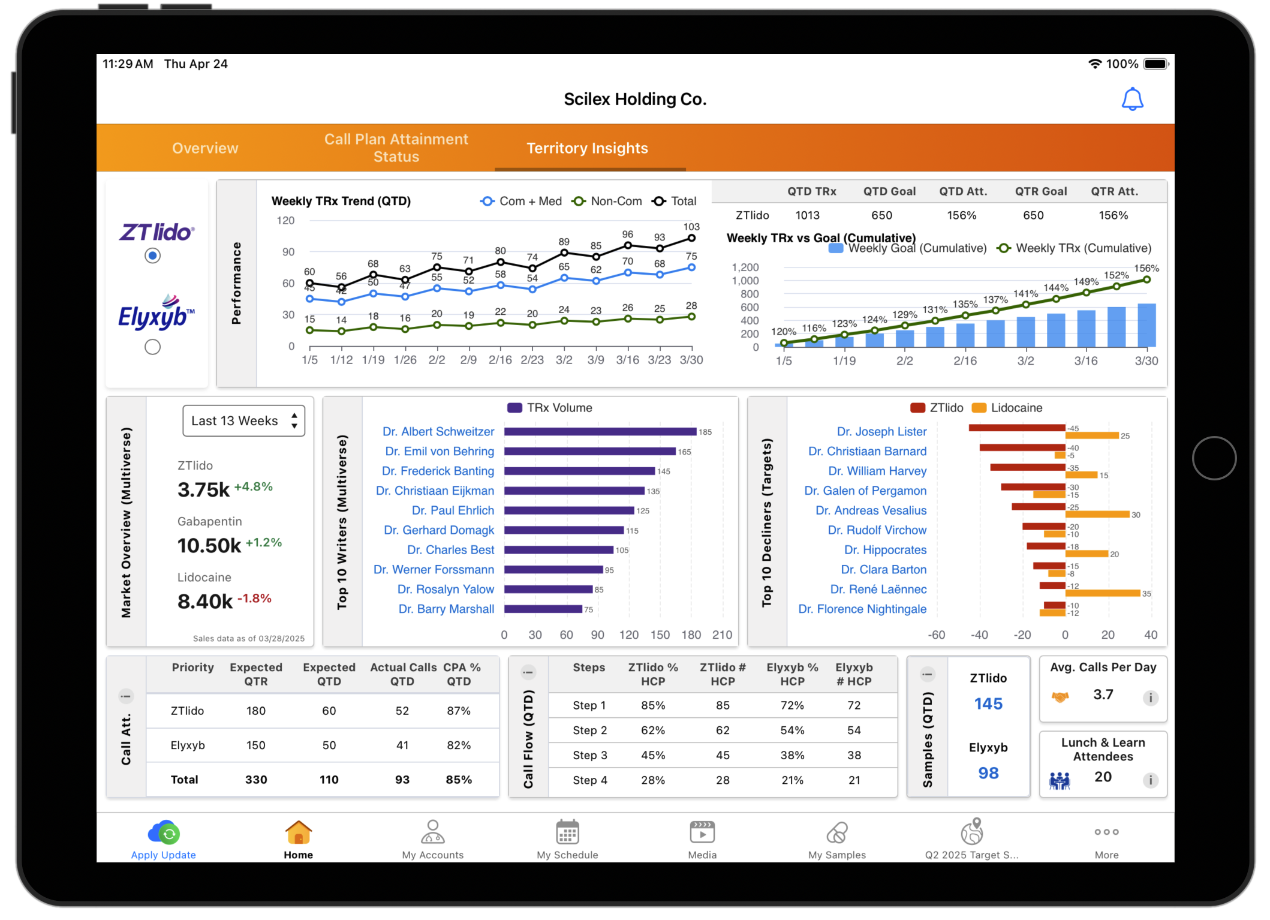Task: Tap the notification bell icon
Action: point(1132,100)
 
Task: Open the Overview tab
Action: point(205,148)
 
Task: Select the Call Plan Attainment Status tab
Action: point(396,148)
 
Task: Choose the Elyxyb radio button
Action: point(152,347)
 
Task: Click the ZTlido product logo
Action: point(156,232)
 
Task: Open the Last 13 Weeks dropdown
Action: point(243,421)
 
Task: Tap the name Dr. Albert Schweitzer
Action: point(438,432)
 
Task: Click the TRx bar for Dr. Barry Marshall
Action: point(543,609)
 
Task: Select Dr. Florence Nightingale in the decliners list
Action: point(862,609)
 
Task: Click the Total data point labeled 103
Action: point(691,238)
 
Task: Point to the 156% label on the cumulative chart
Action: point(1146,268)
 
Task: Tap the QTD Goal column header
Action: point(889,191)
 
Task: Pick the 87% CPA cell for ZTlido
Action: point(459,711)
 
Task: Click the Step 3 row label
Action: point(589,755)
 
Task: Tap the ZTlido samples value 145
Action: point(988,704)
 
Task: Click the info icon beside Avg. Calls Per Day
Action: point(1150,697)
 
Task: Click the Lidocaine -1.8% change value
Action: point(254,599)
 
